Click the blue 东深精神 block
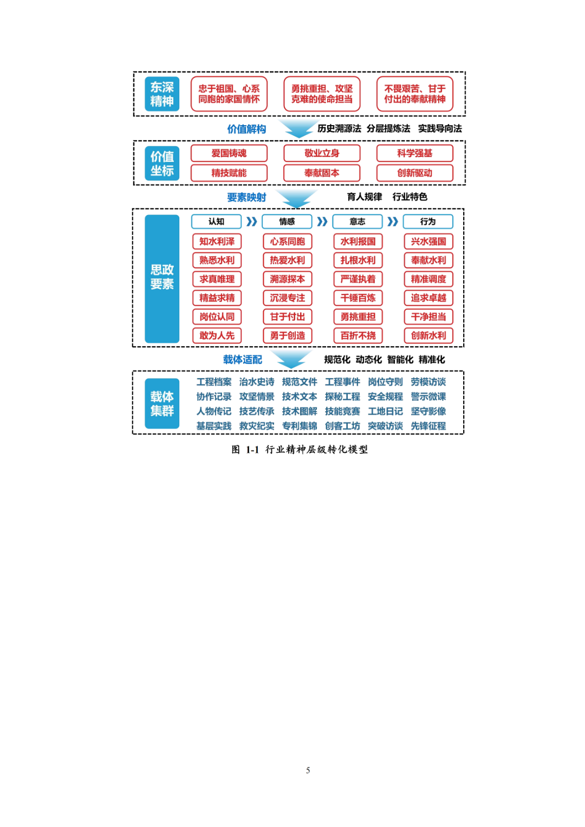[x=162, y=94]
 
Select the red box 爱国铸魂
[x=229, y=153]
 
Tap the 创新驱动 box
[x=414, y=173]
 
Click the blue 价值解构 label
[x=246, y=129]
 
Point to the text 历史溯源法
[x=339, y=128]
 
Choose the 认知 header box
[x=216, y=222]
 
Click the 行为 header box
[x=428, y=222]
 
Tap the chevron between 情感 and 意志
[x=322, y=222]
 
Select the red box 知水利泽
[x=217, y=242]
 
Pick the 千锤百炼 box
[x=357, y=298]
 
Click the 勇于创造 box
[x=287, y=336]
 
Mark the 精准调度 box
[x=428, y=279]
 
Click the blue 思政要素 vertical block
[x=162, y=278]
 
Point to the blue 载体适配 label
[x=242, y=360]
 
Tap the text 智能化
[x=400, y=360]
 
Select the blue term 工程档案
[x=213, y=382]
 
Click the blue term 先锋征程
[x=428, y=426]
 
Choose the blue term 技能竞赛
[x=342, y=412]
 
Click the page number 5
[x=308, y=770]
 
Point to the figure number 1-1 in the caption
[x=252, y=450]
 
